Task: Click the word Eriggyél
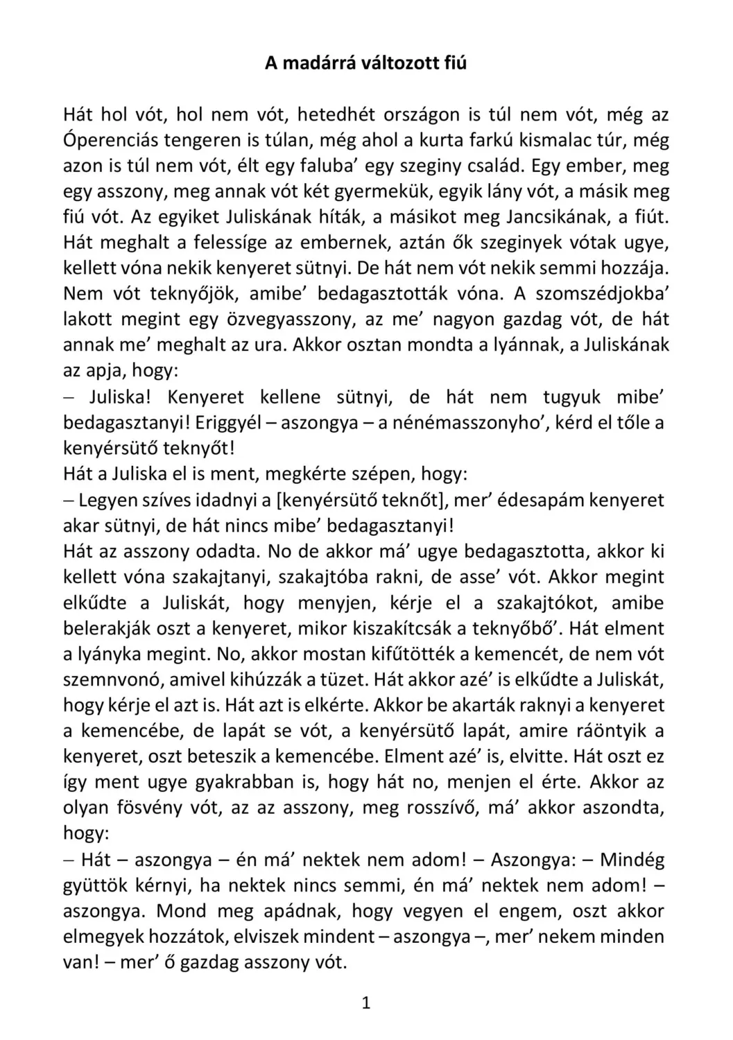232,422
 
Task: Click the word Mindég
632,860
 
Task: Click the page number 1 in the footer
366,1003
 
